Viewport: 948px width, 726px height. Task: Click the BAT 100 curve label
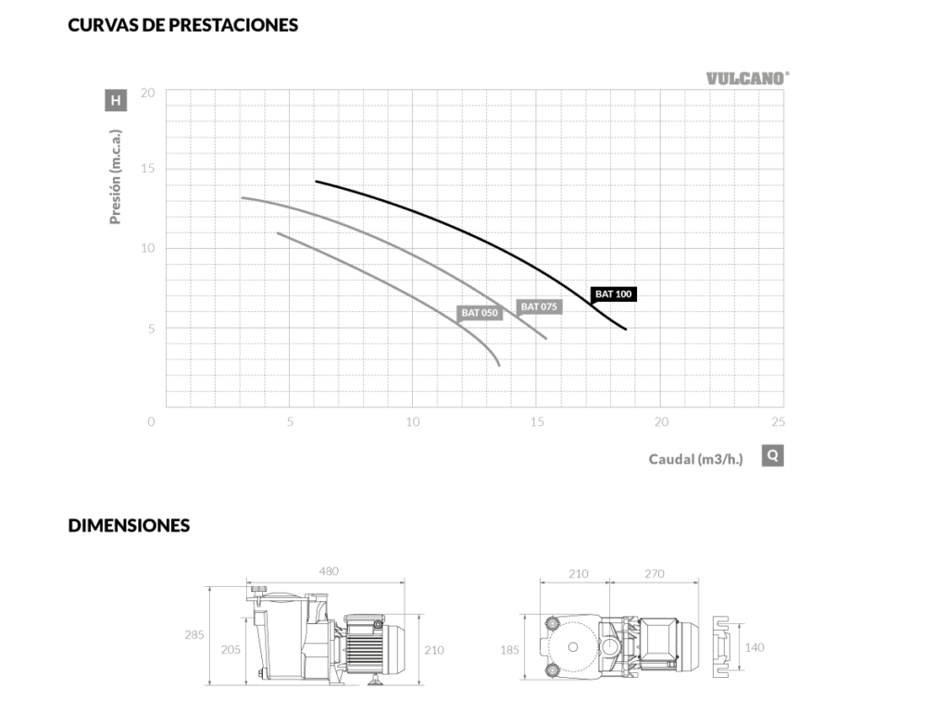click(x=613, y=294)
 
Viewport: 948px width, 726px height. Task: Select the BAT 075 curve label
click(x=539, y=307)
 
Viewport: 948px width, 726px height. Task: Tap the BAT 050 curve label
click(x=480, y=313)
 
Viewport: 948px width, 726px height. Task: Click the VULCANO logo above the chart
click(x=747, y=79)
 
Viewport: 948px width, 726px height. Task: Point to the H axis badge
click(x=116, y=100)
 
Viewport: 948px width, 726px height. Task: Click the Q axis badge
click(x=773, y=456)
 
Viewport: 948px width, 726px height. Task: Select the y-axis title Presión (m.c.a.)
click(x=116, y=177)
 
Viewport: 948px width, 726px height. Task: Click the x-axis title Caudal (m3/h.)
click(x=695, y=459)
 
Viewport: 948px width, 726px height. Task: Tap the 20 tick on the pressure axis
click(x=147, y=93)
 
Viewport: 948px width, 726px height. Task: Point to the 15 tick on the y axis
click(x=147, y=169)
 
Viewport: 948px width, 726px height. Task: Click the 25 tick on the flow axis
click(x=778, y=421)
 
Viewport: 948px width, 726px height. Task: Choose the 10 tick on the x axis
click(x=412, y=421)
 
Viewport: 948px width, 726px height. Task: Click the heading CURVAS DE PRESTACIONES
click(x=182, y=25)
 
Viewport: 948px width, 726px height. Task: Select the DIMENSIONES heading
click(x=129, y=525)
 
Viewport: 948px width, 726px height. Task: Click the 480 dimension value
click(x=329, y=571)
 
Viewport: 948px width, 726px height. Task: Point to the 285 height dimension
click(x=194, y=634)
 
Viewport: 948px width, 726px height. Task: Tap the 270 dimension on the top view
click(x=655, y=573)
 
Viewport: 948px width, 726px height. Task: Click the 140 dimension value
click(x=755, y=647)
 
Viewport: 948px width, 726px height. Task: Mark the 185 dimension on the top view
click(x=510, y=650)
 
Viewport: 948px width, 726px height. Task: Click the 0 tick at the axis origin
click(x=151, y=421)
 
